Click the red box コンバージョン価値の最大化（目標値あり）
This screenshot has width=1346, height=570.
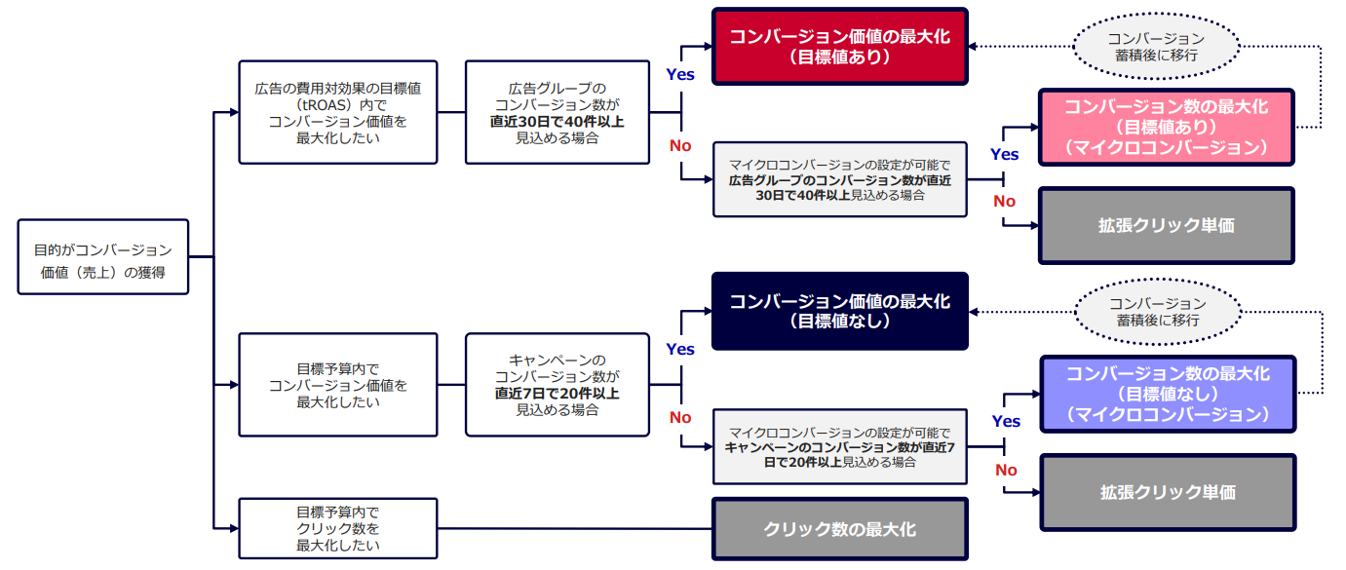pos(839,46)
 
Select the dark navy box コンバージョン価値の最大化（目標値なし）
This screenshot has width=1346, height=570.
pos(839,311)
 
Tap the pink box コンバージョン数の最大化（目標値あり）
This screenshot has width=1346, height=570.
pos(1167,128)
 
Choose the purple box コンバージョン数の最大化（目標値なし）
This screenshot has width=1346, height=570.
pos(1168,394)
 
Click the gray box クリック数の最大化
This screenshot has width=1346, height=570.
pos(839,529)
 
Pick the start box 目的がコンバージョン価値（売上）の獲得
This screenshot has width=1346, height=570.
pos(102,257)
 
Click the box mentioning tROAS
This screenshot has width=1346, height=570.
pos(337,112)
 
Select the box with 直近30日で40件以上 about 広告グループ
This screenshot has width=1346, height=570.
pos(558,112)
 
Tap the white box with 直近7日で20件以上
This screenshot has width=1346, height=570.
pos(558,385)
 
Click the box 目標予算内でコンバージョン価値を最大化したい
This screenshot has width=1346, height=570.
pos(337,385)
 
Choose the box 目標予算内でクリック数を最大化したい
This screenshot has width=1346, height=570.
pos(337,528)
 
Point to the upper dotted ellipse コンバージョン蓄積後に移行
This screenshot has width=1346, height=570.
pos(1156,46)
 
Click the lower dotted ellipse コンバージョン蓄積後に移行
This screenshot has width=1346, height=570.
pos(1158,312)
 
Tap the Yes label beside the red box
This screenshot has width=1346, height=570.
pos(680,74)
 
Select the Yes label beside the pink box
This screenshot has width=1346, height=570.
pos(1005,154)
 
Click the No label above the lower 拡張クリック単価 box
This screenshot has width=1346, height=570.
pos(1007,471)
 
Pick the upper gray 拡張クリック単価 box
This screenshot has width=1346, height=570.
pos(1167,226)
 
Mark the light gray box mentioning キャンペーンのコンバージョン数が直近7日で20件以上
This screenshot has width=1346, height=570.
pos(839,447)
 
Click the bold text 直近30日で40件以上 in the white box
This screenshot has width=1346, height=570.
pos(558,122)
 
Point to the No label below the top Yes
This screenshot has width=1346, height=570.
pos(680,145)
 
